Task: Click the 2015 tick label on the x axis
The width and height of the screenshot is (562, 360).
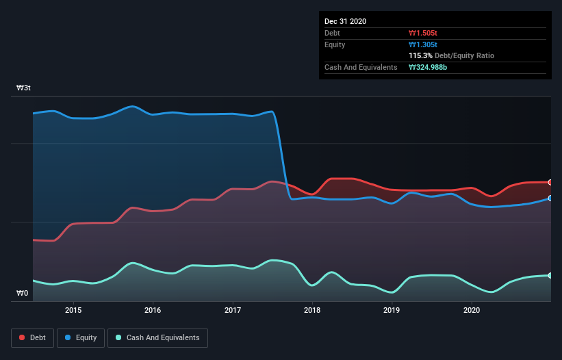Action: point(73,310)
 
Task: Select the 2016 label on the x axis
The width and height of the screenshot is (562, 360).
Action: point(153,310)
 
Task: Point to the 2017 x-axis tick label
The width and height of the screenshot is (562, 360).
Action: point(233,310)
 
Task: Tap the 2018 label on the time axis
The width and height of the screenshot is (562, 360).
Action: point(312,310)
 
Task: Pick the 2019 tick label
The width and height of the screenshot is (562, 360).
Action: point(392,310)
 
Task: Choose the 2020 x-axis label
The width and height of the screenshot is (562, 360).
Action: point(472,310)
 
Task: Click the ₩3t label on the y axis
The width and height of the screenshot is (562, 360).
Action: point(23,88)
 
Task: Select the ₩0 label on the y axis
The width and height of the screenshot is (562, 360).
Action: point(23,294)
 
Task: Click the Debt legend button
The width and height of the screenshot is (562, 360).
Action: point(31,337)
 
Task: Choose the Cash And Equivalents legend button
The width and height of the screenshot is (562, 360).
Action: point(157,337)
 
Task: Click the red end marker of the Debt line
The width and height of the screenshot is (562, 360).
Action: point(550,182)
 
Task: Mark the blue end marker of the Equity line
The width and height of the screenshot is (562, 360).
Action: point(550,198)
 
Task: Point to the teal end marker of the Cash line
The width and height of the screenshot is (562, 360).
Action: point(550,275)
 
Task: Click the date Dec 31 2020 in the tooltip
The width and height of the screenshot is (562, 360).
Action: point(345,21)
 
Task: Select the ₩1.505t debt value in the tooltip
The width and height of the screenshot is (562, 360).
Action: point(424,33)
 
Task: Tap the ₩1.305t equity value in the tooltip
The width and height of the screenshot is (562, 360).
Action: point(424,44)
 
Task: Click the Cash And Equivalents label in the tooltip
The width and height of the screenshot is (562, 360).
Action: point(361,67)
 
